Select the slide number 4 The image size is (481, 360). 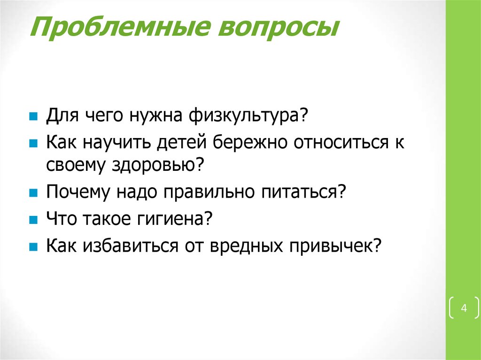coord(464,308)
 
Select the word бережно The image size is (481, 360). coord(251,142)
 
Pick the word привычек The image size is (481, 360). coord(335,245)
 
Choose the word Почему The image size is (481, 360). coord(75,192)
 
